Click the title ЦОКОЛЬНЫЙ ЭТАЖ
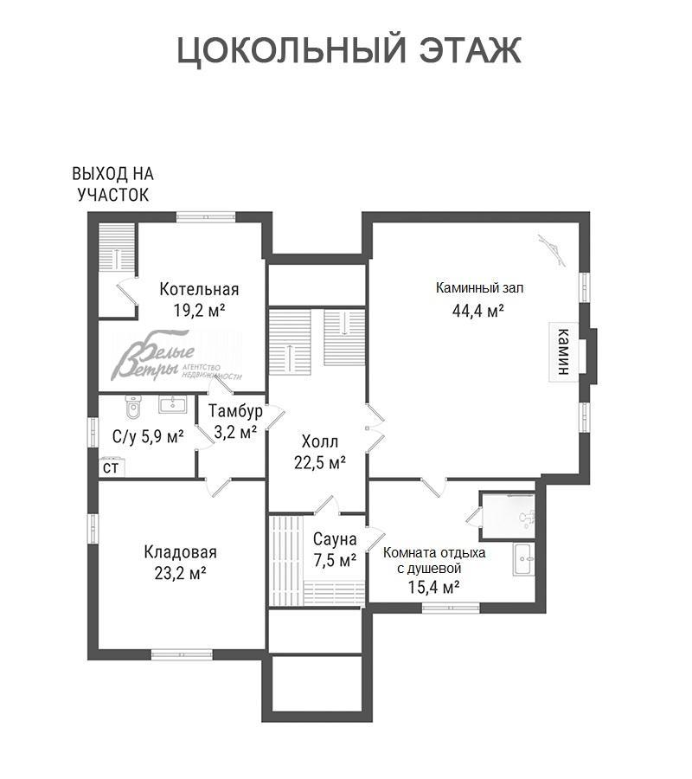point(349,51)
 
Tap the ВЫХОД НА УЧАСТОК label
point(112,184)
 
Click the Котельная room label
point(199,289)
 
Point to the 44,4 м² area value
point(478,311)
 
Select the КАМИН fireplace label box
point(563,351)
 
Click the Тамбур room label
point(235,411)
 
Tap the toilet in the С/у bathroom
point(133,406)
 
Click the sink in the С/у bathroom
point(172,404)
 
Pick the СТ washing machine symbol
point(112,467)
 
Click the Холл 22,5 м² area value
point(320,462)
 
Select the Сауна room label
point(335,539)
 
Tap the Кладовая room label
point(180,552)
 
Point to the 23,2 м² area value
point(180,573)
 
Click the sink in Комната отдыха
point(523,559)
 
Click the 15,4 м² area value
point(433,587)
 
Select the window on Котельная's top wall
point(206,217)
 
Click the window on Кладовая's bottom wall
point(182,655)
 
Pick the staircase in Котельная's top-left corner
point(117,248)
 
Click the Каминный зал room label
point(479,287)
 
